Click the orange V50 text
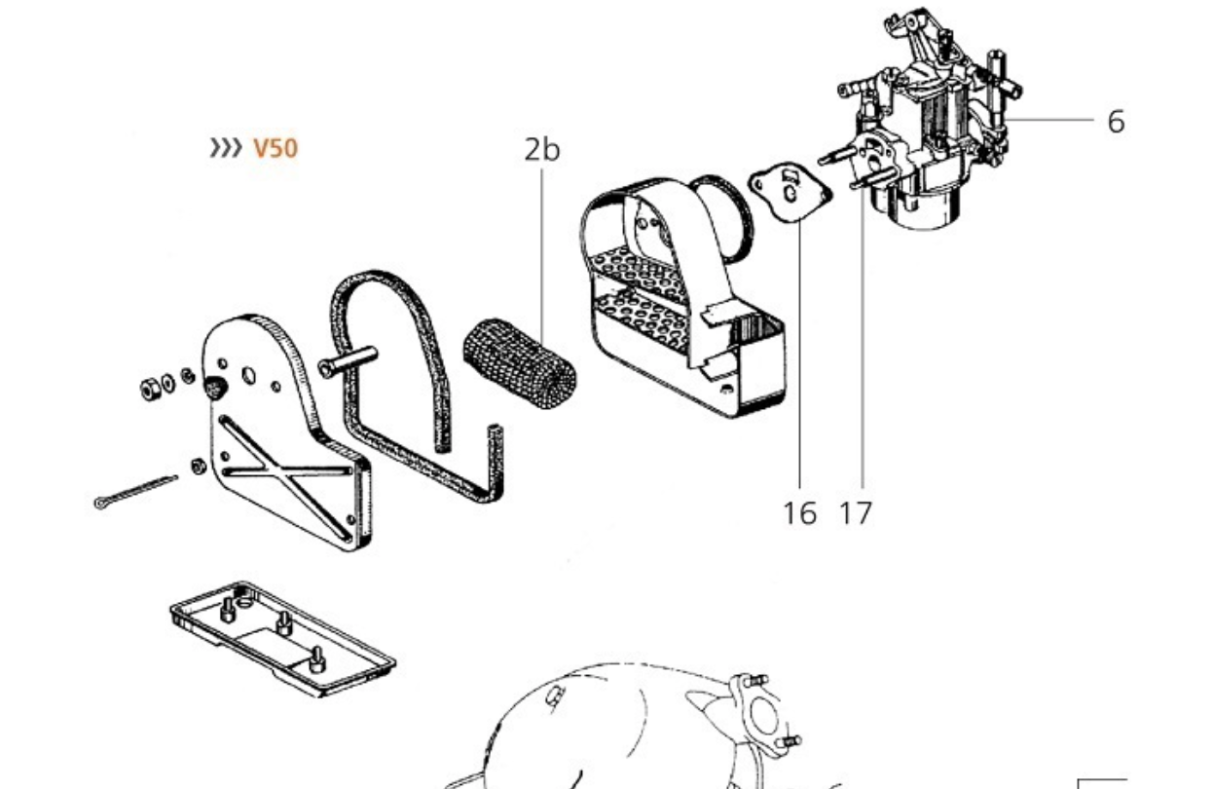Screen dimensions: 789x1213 pos(276,148)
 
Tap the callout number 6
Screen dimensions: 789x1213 pos(1116,122)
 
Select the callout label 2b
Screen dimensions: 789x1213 pos(542,149)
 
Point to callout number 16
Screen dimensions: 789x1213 pos(799,512)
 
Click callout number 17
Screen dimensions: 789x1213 pos(856,512)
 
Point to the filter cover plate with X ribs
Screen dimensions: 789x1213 pos(282,438)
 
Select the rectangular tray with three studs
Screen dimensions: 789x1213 pos(282,638)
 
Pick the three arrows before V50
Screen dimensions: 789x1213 pos(226,148)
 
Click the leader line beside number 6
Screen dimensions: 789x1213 pos(1051,120)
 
